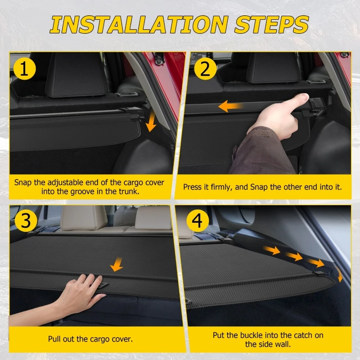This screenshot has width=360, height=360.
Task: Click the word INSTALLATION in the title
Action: [x=139, y=25]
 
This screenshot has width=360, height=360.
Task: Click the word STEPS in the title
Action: [x=271, y=25]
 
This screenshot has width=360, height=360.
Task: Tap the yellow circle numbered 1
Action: [x=24, y=69]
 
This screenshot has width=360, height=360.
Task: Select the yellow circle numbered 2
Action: [x=205, y=69]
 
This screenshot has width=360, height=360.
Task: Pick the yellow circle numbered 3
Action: [x=26, y=220]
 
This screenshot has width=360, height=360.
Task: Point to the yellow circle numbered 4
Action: [x=198, y=220]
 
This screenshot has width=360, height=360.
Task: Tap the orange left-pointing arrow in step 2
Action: [x=230, y=106]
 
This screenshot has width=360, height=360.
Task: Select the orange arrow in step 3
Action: [x=117, y=264]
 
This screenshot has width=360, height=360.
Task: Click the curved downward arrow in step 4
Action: [x=339, y=273]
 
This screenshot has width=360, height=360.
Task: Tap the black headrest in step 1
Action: [x=76, y=75]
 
